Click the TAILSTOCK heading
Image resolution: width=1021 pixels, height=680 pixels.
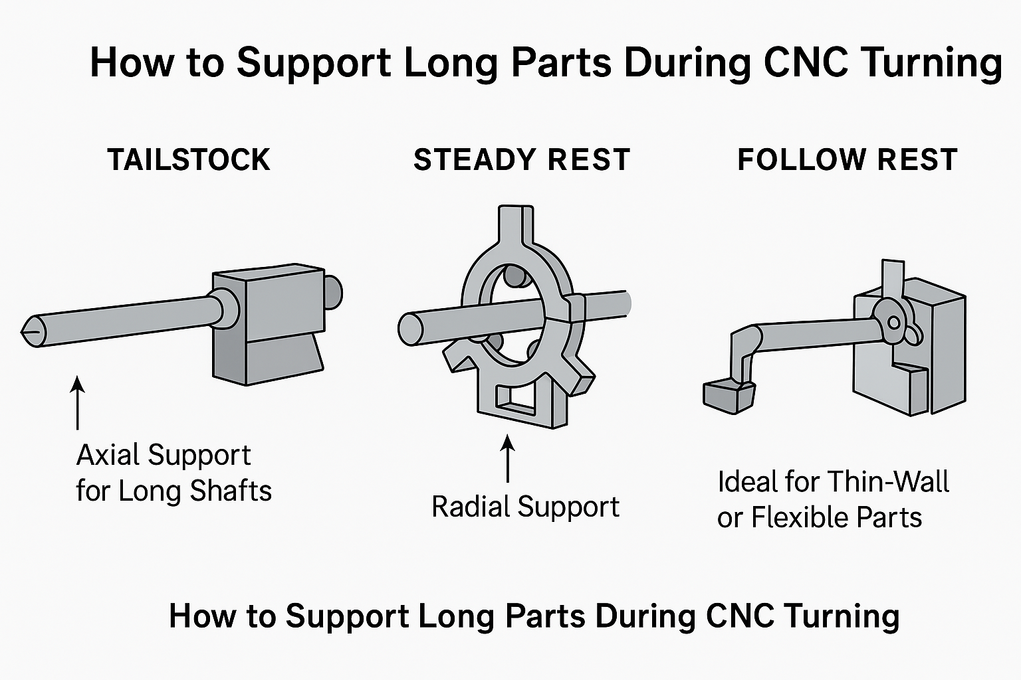189,160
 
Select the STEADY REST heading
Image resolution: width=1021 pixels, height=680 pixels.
522,160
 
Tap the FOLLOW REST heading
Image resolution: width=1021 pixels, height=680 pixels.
848,160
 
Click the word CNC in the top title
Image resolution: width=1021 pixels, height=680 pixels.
804,62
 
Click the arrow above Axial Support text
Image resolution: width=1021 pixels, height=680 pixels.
78,402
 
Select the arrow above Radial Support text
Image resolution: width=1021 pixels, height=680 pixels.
508,458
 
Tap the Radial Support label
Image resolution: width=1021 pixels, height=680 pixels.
525,507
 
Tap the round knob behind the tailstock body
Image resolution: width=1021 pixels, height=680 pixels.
333,292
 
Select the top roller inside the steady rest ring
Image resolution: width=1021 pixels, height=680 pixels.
513,276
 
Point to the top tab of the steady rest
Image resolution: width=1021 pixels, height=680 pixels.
515,222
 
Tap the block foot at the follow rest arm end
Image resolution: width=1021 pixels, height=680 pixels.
728,396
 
